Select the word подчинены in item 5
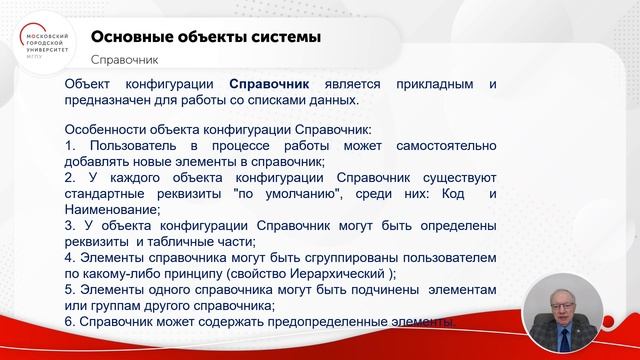coord(360,289)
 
